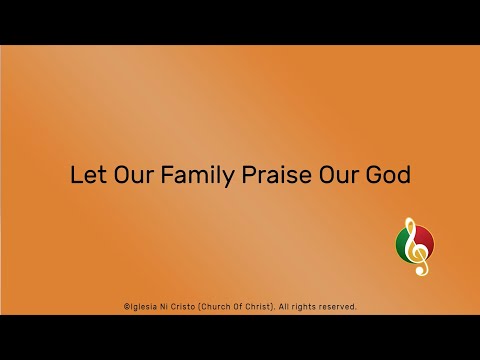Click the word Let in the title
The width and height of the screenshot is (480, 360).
pos(85,174)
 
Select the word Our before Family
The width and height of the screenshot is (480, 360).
pos(128,174)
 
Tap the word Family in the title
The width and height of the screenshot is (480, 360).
pos(195,175)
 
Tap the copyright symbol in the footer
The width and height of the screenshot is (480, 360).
pos(125,306)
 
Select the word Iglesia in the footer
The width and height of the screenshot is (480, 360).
pos(144,306)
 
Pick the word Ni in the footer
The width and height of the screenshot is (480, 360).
pos(168,306)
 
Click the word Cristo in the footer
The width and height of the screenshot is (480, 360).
pos(189,306)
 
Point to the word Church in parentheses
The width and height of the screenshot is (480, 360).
pos(223,306)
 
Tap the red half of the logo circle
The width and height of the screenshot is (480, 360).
pos(426,243)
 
